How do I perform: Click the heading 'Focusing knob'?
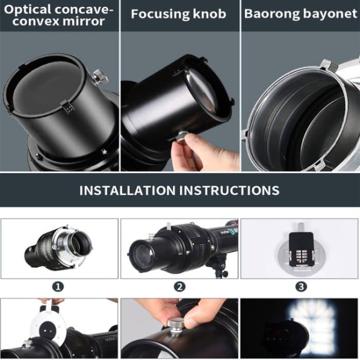coord(178,14)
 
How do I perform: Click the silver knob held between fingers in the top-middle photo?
coord(182,137)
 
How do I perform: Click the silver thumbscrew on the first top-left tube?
coord(99,77)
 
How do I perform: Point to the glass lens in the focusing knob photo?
coord(201,90)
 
